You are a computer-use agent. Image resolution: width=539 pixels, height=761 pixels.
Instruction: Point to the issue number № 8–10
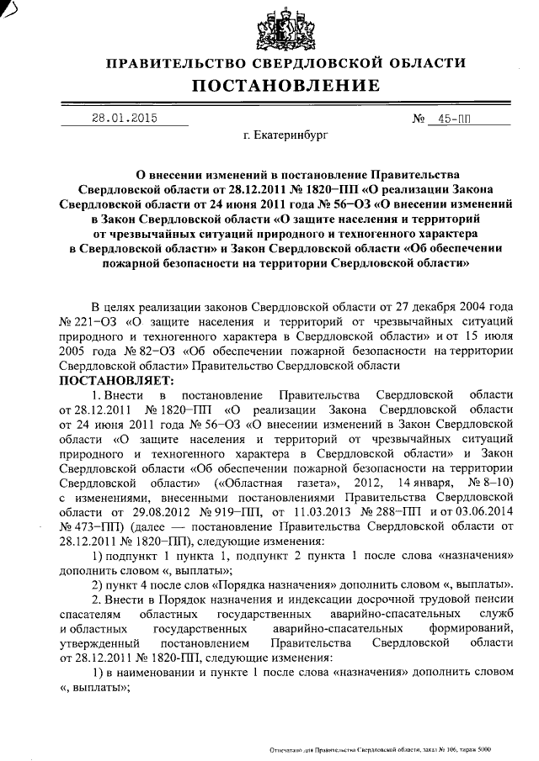pos(483,485)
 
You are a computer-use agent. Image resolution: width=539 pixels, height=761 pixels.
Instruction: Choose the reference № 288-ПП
pos(389,514)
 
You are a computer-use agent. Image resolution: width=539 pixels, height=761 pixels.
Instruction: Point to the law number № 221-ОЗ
pos(88,322)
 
